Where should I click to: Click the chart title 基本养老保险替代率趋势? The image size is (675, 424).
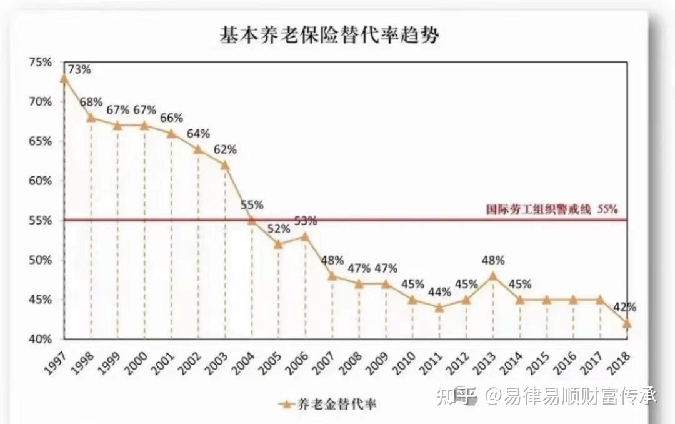(329, 34)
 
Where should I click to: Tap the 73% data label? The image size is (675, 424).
(79, 69)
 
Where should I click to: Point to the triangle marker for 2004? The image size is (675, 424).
(252, 220)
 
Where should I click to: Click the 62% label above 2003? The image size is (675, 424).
(225, 150)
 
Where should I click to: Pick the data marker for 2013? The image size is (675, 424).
(493, 275)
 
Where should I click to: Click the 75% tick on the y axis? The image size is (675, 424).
(41, 62)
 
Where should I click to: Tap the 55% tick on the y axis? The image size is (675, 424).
(41, 220)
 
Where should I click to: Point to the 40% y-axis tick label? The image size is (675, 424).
(41, 339)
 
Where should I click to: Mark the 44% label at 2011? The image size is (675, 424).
(439, 292)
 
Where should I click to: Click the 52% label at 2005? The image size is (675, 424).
(279, 229)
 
